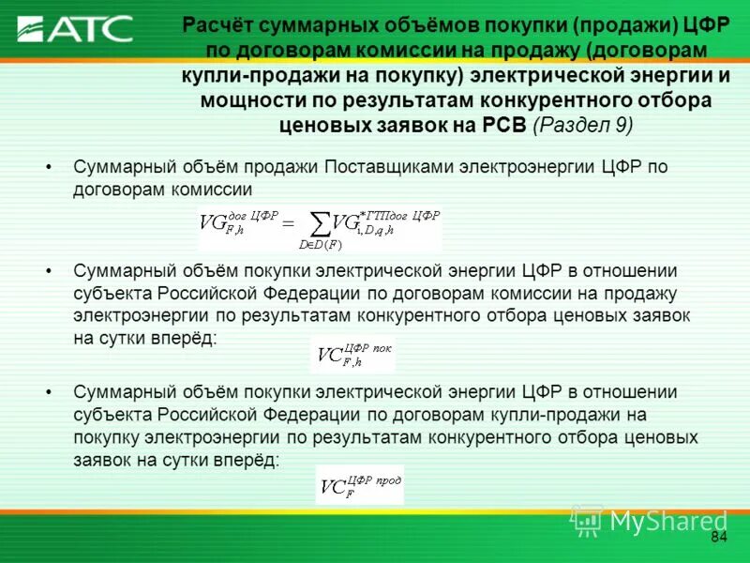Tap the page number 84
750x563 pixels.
click(719, 537)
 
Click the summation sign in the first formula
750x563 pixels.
click(320, 224)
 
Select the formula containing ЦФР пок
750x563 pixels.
click(353, 355)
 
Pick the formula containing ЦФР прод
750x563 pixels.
click(359, 485)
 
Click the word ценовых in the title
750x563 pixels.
click(324, 124)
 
